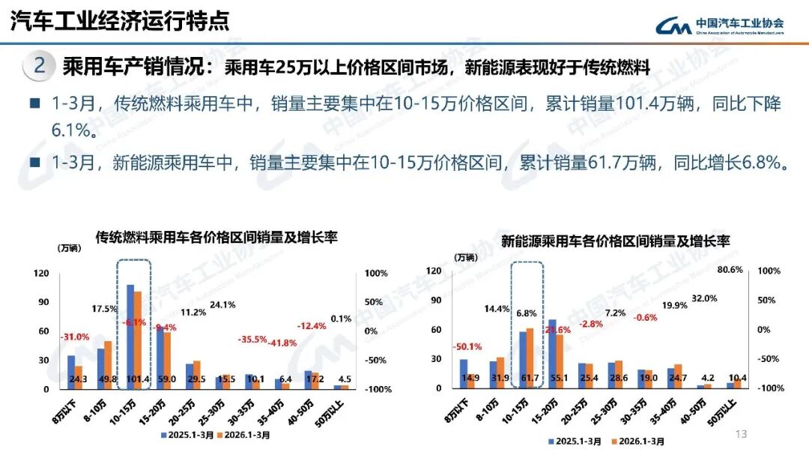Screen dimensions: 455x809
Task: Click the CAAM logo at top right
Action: [720, 25]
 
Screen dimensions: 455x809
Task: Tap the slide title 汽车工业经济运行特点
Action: [120, 21]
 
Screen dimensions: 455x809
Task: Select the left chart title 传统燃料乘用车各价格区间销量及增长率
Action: [216, 238]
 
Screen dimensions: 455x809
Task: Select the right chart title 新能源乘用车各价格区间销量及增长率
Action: [615, 241]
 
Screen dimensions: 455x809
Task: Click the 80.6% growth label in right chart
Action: [730, 269]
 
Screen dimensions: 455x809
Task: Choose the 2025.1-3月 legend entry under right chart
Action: [574, 442]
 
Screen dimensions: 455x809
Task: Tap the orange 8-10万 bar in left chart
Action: [107, 364]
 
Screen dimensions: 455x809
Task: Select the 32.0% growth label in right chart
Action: [704, 298]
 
